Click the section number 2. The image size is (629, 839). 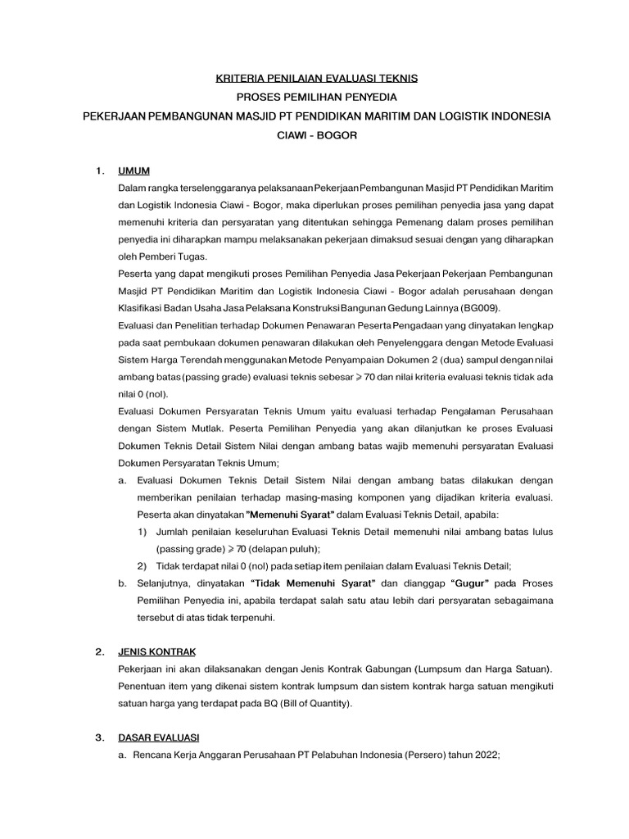coord(100,652)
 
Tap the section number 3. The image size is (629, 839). coord(100,738)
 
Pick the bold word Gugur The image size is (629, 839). coord(470,583)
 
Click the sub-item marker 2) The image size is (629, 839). coord(142,565)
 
